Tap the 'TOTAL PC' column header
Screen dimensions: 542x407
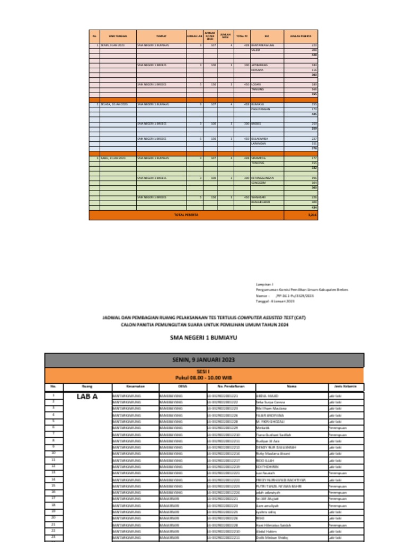(x=242, y=36)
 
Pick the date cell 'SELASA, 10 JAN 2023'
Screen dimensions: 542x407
(x=112, y=105)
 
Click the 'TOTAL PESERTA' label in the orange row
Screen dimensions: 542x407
(x=186, y=215)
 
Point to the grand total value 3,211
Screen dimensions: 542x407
(x=312, y=215)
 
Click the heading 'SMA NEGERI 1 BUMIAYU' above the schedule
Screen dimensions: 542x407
(x=204, y=337)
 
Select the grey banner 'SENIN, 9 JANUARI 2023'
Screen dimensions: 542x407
(x=204, y=359)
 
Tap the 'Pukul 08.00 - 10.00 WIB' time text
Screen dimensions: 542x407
(x=204, y=377)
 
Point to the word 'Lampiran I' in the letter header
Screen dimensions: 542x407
(x=264, y=285)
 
